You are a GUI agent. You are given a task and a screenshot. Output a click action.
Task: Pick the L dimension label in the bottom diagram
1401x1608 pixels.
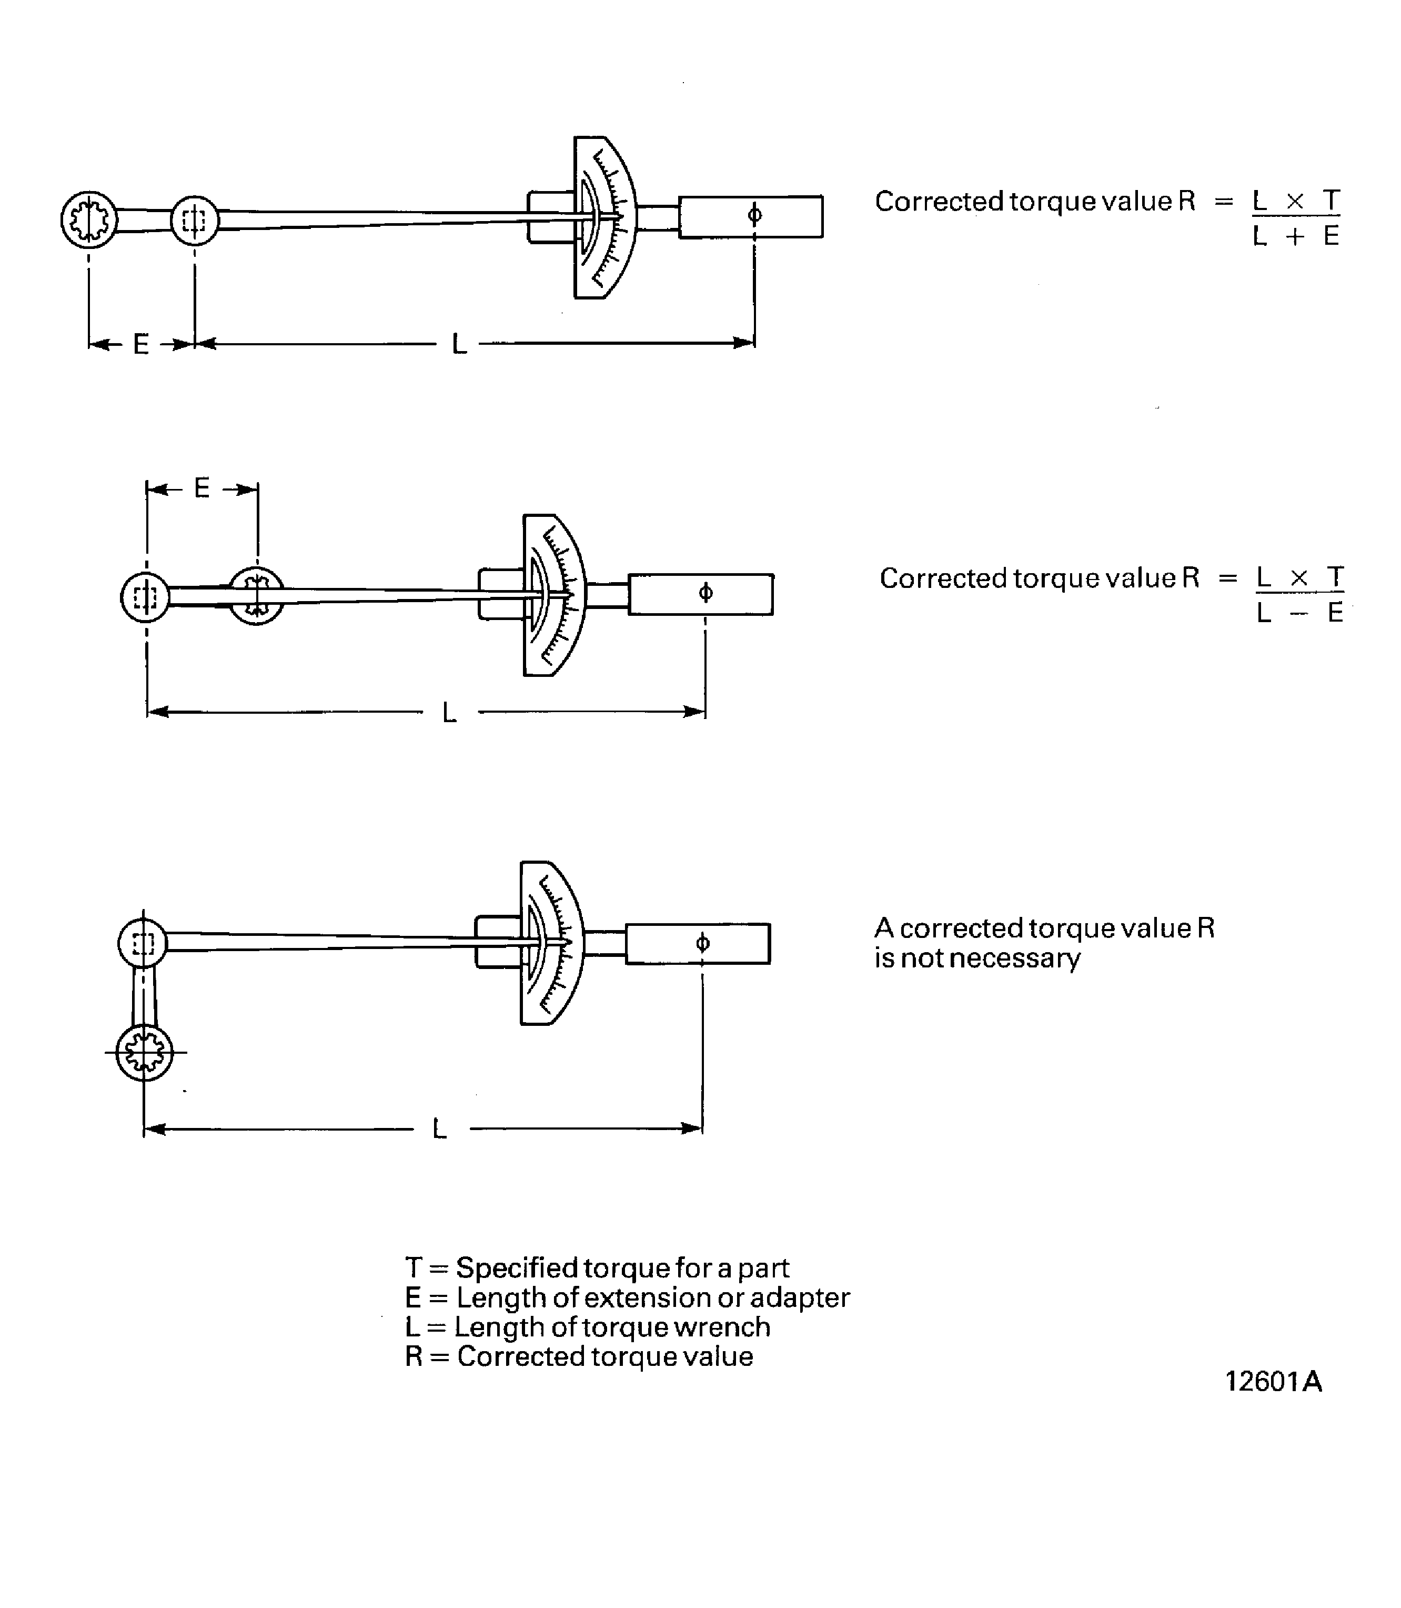[439, 1128]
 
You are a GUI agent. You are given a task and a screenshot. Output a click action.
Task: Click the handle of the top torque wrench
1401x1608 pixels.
[751, 217]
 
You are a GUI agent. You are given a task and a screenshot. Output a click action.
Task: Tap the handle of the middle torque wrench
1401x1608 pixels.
[701, 594]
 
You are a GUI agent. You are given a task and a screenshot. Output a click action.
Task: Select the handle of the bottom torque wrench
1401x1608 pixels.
[698, 943]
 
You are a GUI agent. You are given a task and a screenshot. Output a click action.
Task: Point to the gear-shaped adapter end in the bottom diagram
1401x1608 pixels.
[144, 1052]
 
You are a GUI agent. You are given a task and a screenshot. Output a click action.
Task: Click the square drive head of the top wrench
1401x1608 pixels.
[195, 221]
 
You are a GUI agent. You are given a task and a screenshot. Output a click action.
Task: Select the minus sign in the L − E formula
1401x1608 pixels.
[1298, 613]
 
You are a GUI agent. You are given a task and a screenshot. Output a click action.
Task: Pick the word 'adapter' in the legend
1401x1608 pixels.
[799, 1297]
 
